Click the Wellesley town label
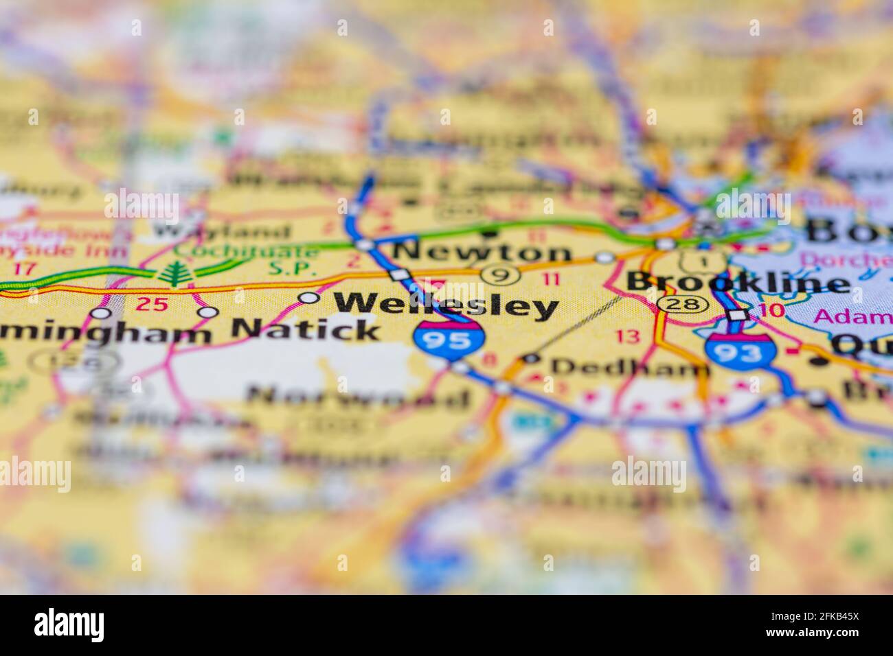[x=445, y=306]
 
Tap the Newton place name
[x=482, y=252]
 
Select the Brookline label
[x=737, y=283]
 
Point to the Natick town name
[x=306, y=330]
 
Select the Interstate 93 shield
[x=741, y=350]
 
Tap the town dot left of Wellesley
[x=309, y=298]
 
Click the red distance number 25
[x=152, y=304]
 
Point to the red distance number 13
[x=627, y=336]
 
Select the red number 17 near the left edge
[x=25, y=268]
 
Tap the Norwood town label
[x=358, y=397]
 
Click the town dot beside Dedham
[x=530, y=358]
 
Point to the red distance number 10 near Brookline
[x=773, y=309]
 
